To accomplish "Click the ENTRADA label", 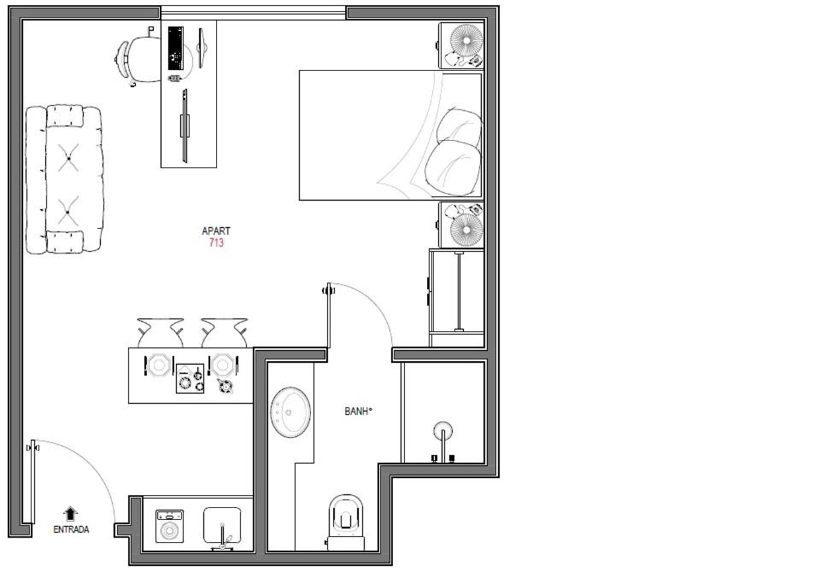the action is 71,529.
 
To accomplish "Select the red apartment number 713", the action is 216,242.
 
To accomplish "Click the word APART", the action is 216,231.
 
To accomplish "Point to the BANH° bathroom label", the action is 358,411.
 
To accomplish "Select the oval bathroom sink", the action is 290,412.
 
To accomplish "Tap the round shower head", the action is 443,431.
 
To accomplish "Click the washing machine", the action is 169,527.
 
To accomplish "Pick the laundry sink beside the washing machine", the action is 222,526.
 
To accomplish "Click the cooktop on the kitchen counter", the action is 190,378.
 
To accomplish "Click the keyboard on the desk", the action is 175,49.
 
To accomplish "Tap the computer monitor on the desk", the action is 202,48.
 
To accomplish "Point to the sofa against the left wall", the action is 64,179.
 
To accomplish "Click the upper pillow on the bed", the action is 460,128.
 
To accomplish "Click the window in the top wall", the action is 253,13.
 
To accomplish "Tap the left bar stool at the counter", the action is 160,332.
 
